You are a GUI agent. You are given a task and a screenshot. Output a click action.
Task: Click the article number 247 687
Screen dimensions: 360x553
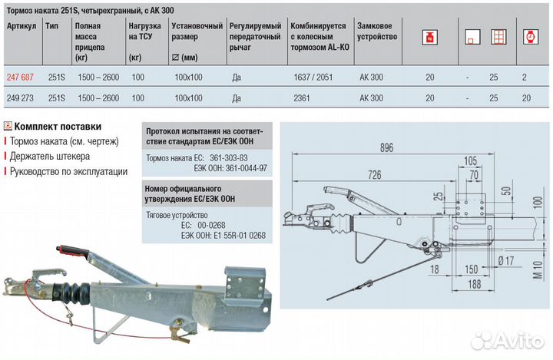pos(20,78)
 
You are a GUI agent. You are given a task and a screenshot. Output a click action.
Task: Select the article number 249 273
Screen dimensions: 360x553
pos(20,98)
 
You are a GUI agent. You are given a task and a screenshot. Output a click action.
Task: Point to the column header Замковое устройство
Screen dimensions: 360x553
pos(378,31)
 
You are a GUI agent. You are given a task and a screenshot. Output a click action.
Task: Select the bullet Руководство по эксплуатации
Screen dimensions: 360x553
pos(68,171)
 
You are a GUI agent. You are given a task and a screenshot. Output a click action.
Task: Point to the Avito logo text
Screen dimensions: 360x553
pos(515,339)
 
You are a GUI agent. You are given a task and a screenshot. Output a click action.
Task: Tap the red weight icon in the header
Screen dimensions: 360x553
pos(429,36)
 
